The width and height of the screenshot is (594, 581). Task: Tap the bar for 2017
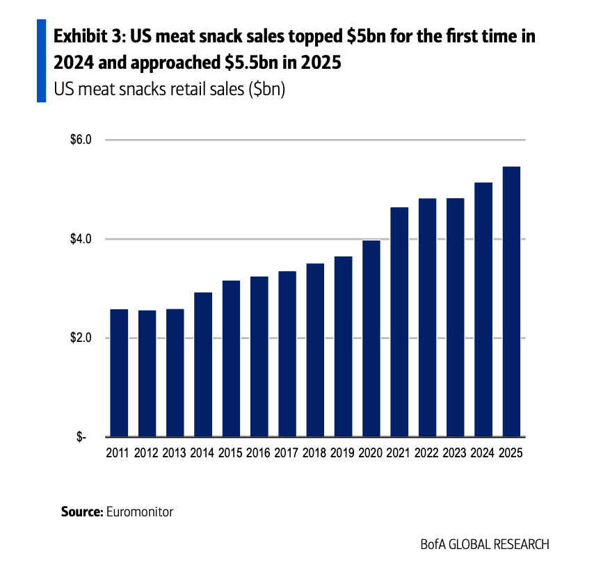287,354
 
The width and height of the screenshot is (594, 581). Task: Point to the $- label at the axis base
83,437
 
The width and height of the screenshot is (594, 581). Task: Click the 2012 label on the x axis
147,453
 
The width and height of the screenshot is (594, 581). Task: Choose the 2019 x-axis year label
343,453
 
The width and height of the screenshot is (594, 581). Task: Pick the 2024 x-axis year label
483,453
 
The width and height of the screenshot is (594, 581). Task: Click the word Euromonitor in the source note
139,512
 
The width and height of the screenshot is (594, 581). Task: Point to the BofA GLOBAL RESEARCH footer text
485,544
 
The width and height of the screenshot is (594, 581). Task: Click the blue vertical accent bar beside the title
41,61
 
